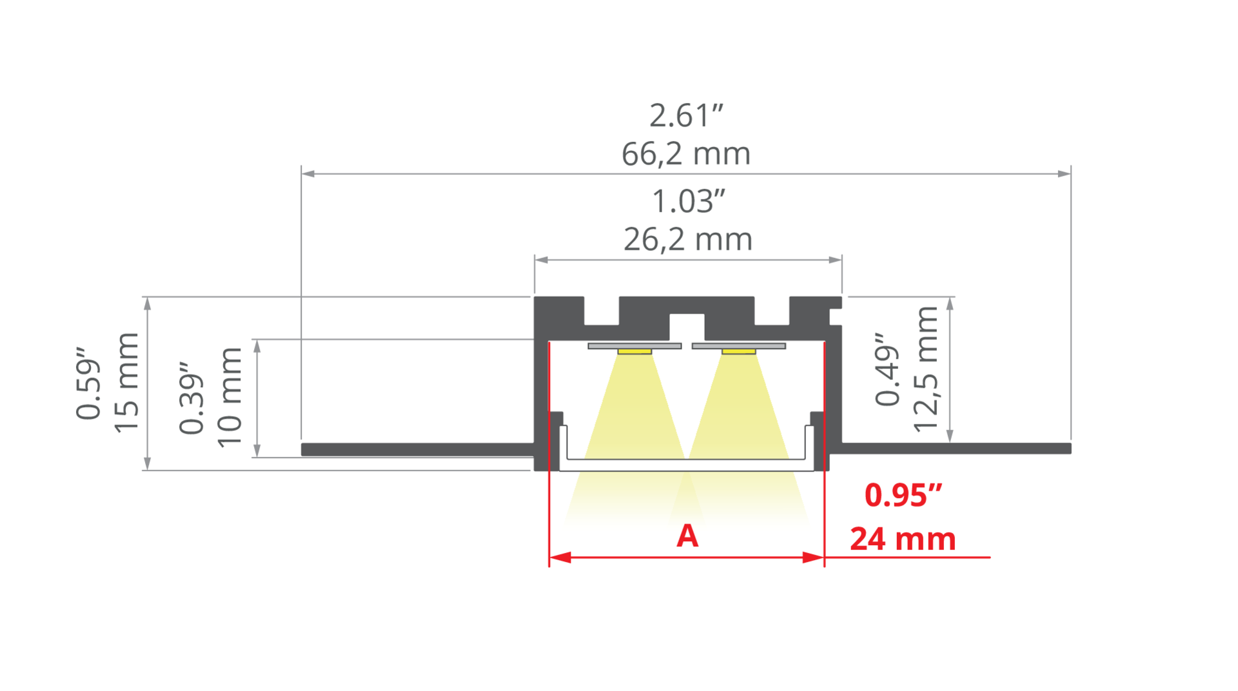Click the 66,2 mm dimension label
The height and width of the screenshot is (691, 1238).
pos(686,154)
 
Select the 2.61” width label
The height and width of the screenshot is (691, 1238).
pos(686,115)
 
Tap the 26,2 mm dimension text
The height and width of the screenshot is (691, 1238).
pos(688,239)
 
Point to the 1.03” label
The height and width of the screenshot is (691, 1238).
pos(688,201)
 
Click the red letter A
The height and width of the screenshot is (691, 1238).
pos(687,536)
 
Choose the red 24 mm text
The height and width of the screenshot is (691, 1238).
pos(903,539)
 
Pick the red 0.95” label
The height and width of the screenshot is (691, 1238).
pos(903,495)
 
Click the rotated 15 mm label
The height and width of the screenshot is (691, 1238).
pos(126,383)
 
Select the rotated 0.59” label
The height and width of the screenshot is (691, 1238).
pos(88,384)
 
